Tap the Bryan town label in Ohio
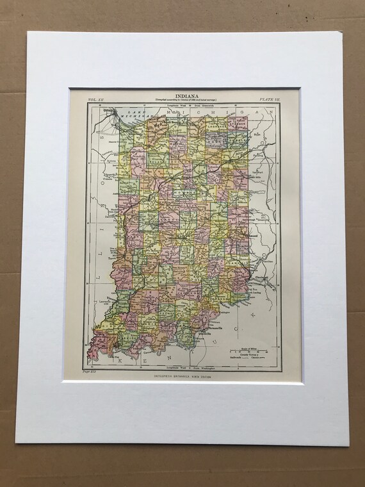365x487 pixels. (x=257, y=135)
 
